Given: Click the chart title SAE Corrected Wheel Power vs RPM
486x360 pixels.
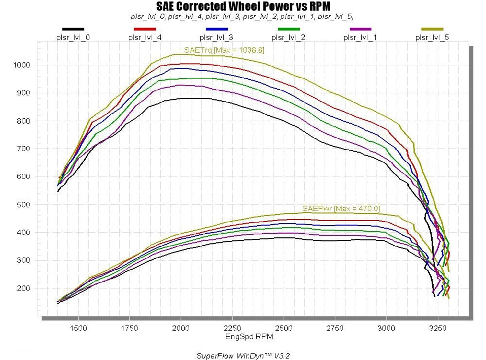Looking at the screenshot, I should [x=243, y=6].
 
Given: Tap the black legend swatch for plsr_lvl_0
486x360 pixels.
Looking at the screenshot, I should [x=73, y=29].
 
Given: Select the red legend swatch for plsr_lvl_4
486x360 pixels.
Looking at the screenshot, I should [x=145, y=29].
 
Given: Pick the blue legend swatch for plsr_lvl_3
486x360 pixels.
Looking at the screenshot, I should [x=216, y=29].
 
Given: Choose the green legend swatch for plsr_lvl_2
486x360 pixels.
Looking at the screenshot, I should [x=288, y=29].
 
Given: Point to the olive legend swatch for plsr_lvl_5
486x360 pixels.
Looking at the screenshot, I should [x=432, y=29].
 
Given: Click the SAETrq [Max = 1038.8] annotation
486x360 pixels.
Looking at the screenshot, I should [x=224, y=50].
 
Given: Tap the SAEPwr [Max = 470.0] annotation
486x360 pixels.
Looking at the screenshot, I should [x=341, y=209].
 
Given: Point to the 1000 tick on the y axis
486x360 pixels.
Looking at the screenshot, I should [x=21, y=65].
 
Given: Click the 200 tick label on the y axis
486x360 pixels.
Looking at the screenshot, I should [x=23, y=288].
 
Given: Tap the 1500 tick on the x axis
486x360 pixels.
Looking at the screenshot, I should [x=78, y=328].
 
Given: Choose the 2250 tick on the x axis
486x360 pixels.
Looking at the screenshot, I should [x=232, y=328].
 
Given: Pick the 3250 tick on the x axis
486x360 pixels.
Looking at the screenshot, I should [x=438, y=328].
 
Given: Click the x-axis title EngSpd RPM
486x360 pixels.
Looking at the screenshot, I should [x=249, y=337].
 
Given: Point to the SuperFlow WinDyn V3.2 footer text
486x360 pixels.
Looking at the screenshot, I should [x=243, y=356].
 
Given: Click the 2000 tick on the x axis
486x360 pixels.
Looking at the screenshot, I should [x=181, y=328].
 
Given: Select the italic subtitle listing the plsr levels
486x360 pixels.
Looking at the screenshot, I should [x=242, y=17].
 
